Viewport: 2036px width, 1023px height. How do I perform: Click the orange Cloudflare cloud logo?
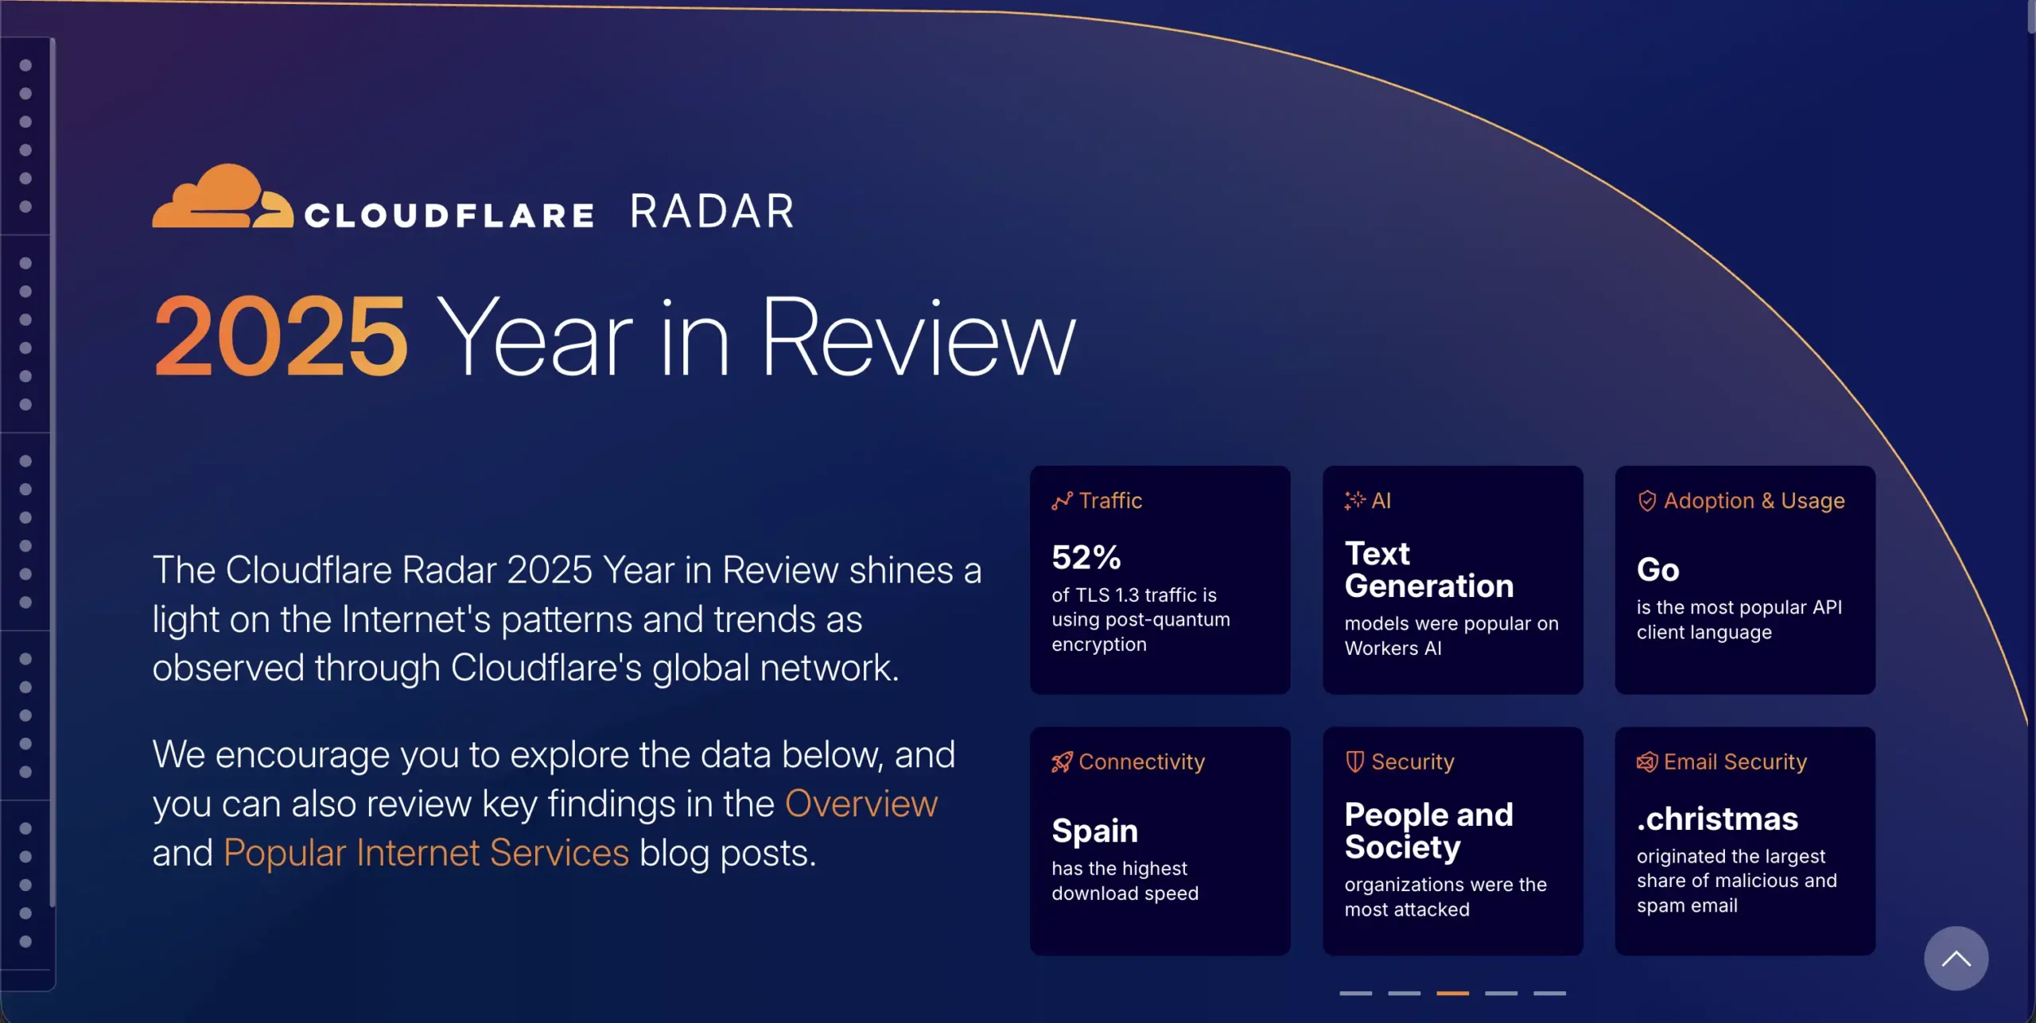[x=223, y=196]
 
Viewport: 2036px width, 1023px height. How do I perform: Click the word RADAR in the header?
[x=713, y=211]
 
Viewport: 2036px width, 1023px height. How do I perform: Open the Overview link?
[x=861, y=804]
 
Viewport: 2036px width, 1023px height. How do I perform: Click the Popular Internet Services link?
[x=426, y=853]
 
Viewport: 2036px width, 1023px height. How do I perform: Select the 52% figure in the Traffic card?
[x=1086, y=557]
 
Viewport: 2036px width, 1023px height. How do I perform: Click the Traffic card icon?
[x=1062, y=501]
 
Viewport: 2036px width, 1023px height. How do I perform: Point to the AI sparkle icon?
[x=1354, y=500]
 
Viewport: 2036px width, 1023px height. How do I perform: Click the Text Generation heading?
[x=1429, y=570]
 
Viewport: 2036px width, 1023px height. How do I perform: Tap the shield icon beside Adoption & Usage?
[x=1647, y=501]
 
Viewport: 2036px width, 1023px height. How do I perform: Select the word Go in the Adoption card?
[x=1658, y=570]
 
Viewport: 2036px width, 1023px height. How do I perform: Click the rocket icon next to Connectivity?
[x=1062, y=762]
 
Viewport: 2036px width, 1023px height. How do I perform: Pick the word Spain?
[x=1094, y=831]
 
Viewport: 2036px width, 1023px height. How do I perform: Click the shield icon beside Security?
[x=1354, y=761]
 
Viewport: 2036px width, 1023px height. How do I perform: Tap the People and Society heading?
[x=1428, y=831]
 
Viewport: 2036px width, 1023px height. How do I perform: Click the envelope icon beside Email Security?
[x=1647, y=762]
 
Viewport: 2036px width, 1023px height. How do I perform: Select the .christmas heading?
[x=1718, y=819]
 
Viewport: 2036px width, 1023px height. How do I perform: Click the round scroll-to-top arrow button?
[x=1956, y=959]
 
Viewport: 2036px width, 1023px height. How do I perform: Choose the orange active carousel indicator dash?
[x=1452, y=993]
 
